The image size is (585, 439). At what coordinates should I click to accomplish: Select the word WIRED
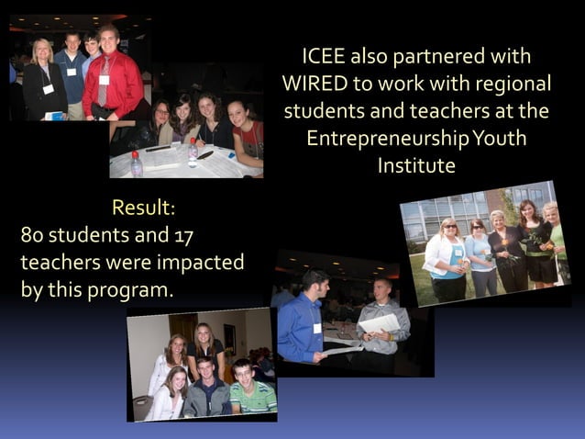point(315,84)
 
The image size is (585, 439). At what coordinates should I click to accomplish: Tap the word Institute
point(416,167)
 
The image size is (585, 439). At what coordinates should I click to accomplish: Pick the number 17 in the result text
point(182,234)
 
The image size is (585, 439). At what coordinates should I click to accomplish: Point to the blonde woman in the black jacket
point(43,83)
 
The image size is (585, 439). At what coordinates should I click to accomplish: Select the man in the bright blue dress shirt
point(302,321)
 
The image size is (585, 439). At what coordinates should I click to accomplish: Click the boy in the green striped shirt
point(250,391)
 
